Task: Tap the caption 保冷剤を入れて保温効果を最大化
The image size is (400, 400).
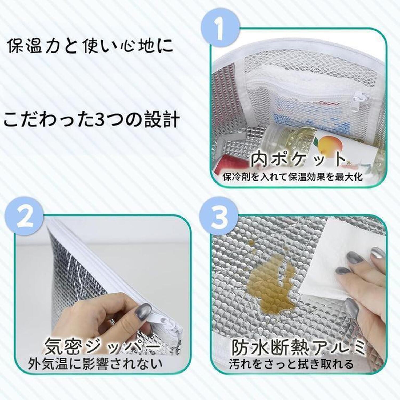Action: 293,177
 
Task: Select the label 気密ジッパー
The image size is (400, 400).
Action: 103,346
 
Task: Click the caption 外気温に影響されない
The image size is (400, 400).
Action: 95,363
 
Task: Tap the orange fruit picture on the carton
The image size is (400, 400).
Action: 329,147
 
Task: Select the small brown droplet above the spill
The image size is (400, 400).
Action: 251,243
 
